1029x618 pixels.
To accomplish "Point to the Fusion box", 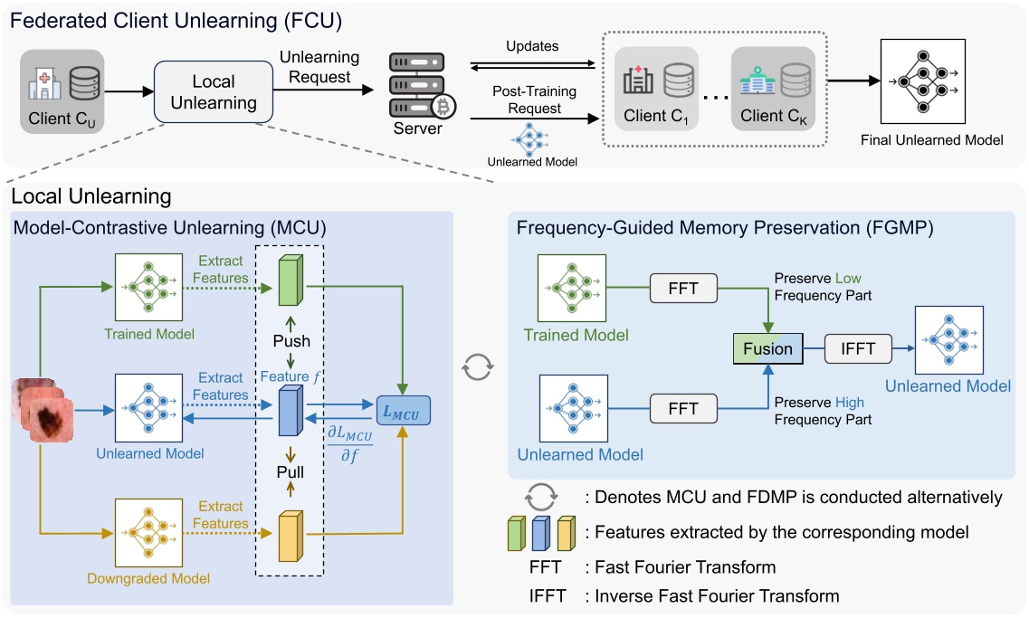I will [x=767, y=348].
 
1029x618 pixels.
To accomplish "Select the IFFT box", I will [x=855, y=348].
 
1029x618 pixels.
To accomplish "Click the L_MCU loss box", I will [x=403, y=410].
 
